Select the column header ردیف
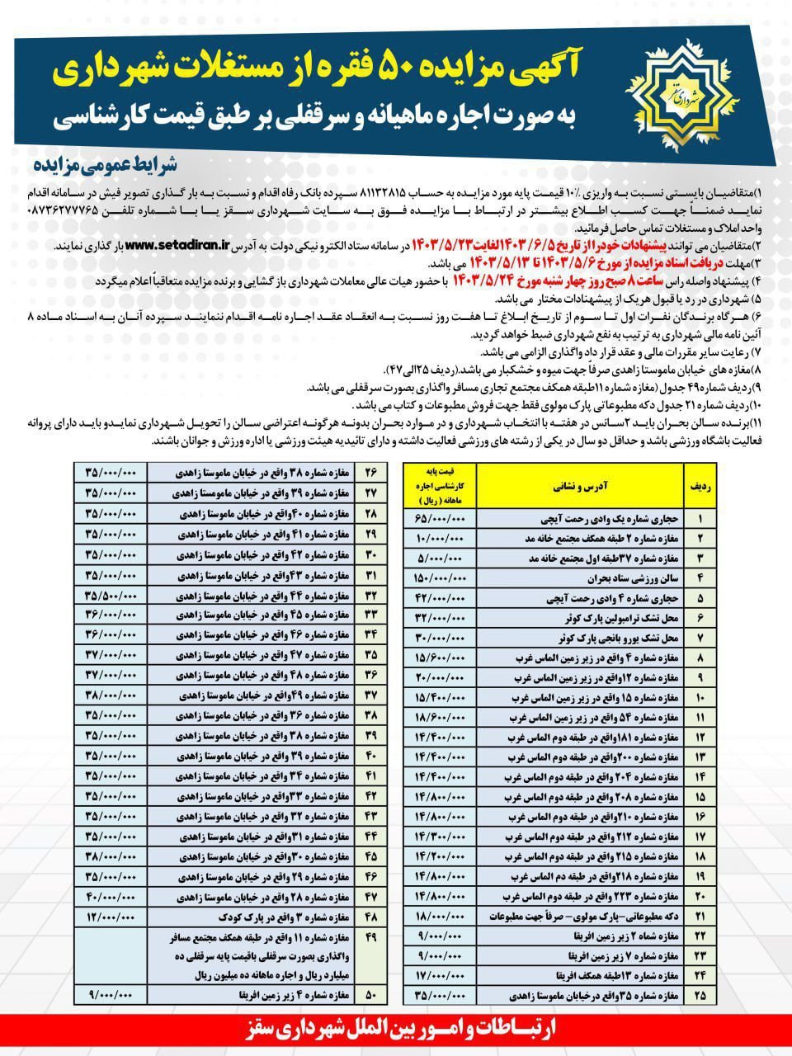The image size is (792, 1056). (x=700, y=487)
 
